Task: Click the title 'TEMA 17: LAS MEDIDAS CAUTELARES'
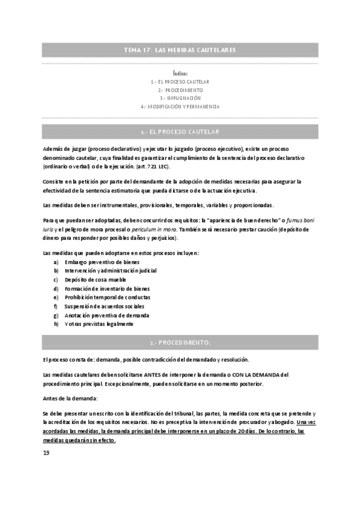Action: (180, 49)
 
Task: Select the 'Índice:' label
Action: (180, 73)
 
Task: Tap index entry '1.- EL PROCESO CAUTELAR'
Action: (180, 82)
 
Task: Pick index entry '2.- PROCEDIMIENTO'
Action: (180, 90)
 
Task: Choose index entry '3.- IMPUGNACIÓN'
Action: (180, 98)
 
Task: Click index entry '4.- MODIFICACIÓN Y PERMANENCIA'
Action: (180, 106)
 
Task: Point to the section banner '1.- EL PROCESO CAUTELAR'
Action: (180, 131)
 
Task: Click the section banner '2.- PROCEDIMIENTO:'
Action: (180, 342)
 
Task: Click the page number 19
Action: (46, 452)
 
